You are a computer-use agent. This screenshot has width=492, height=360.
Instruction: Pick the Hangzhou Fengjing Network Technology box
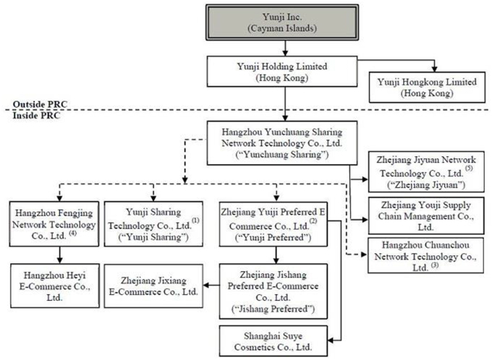tap(50, 224)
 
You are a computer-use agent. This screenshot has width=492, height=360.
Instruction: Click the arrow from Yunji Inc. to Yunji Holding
tap(287, 48)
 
